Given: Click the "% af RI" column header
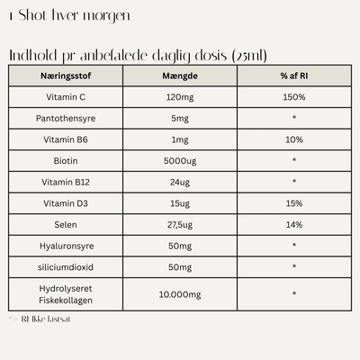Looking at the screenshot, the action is [294, 76].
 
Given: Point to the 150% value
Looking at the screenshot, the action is [294, 96].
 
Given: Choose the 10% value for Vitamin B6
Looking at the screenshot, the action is [294, 139].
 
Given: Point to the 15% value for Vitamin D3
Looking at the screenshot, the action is [294, 203].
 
